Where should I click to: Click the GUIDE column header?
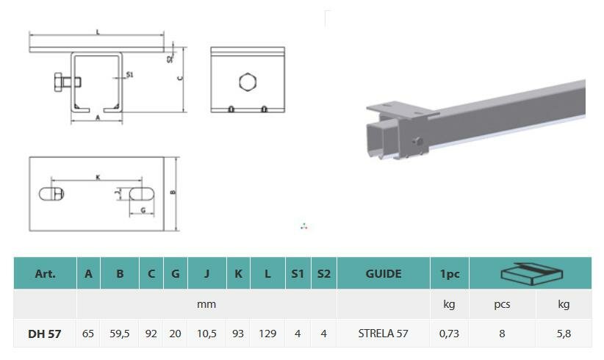point(384,274)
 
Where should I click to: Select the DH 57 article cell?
point(45,334)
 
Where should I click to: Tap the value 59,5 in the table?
point(120,334)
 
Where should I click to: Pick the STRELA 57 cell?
point(383,334)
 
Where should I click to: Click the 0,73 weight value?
point(449,334)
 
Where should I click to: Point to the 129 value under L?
point(267,334)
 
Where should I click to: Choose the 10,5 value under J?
point(206,334)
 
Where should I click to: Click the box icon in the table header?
point(531,274)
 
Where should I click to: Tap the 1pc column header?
point(450,274)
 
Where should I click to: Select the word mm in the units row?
point(206,305)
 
